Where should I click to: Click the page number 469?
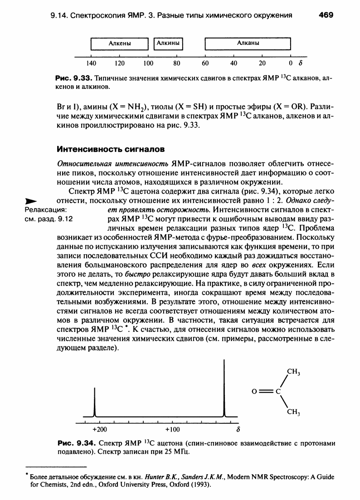pos(326,15)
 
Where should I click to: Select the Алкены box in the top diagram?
pos(120,44)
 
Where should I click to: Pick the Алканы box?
pos(248,44)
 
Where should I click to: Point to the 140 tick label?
pos(92,63)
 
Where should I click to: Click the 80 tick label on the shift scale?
pos(177,63)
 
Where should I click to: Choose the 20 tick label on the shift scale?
pos(262,63)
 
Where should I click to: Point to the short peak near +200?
pos(95,401)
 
